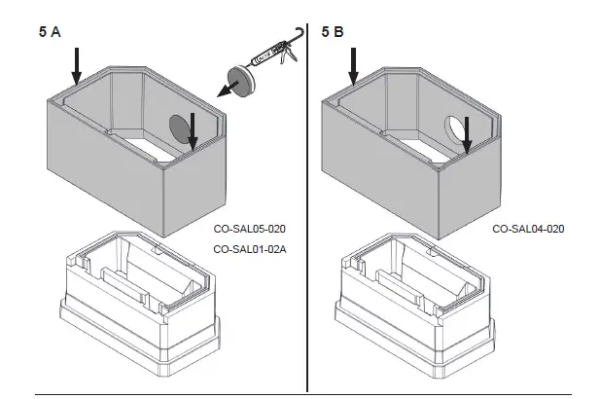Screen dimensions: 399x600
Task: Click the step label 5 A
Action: coord(50,32)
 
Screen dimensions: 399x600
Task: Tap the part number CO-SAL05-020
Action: coord(248,230)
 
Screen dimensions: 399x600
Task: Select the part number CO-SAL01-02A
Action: coord(248,249)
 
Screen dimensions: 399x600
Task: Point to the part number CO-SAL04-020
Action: coord(528,230)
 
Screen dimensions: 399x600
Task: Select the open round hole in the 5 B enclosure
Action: coord(454,128)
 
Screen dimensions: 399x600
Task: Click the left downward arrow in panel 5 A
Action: coord(76,66)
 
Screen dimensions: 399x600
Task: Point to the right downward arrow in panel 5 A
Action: coord(194,131)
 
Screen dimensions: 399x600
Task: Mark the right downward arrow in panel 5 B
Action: coord(469,134)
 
